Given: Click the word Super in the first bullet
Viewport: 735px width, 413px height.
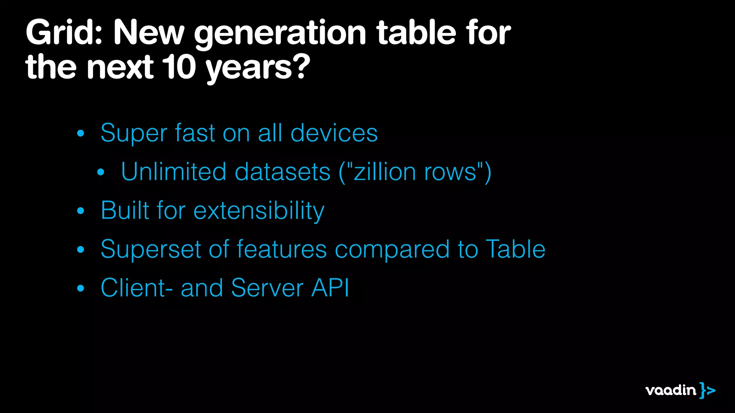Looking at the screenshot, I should coord(134,133).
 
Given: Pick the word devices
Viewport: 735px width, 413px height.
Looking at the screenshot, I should coord(334,133).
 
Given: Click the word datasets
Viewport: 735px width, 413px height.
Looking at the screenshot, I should coord(282,172).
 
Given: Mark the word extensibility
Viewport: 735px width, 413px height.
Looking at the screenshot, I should coord(259,210).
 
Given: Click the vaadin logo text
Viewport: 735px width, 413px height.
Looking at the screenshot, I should coord(670,390).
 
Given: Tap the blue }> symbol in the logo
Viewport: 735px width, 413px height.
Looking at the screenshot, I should coord(707,390).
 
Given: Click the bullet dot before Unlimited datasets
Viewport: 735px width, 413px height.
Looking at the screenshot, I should coord(101,172).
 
